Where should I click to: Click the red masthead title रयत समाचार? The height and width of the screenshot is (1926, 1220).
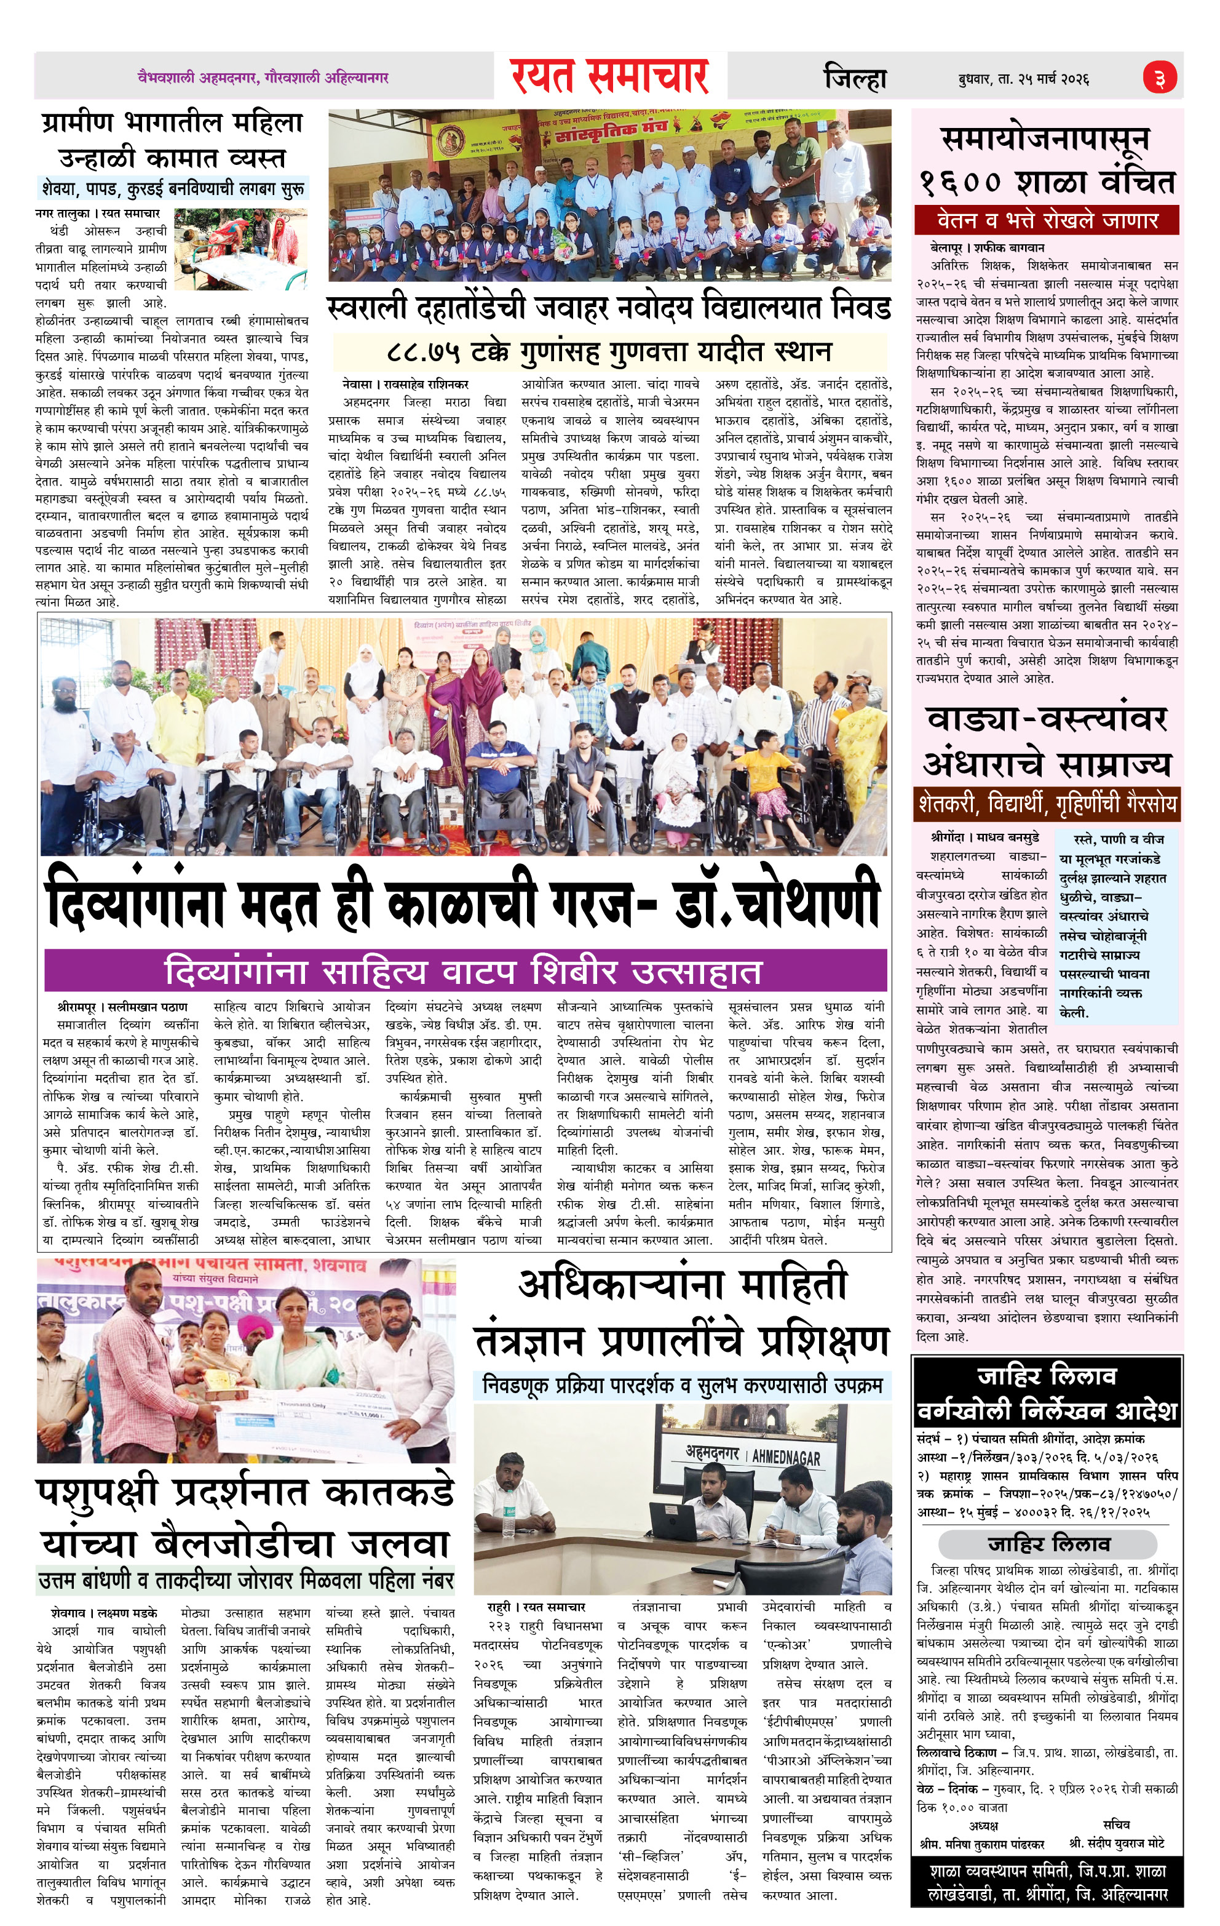tap(610, 77)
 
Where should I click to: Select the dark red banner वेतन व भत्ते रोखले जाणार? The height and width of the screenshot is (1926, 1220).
tap(1047, 219)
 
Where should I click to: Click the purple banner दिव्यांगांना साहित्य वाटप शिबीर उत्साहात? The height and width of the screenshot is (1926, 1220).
tap(465, 971)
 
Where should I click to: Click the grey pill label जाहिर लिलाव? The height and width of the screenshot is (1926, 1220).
tap(1048, 1543)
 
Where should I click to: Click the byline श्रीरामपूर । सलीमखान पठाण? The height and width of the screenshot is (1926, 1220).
tap(122, 1006)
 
